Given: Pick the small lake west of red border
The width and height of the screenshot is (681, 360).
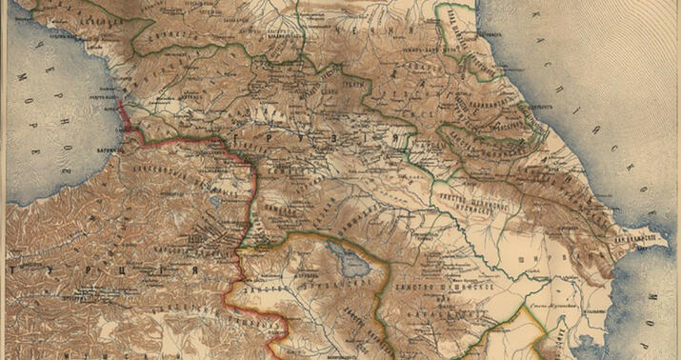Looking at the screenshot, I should [215, 201].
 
